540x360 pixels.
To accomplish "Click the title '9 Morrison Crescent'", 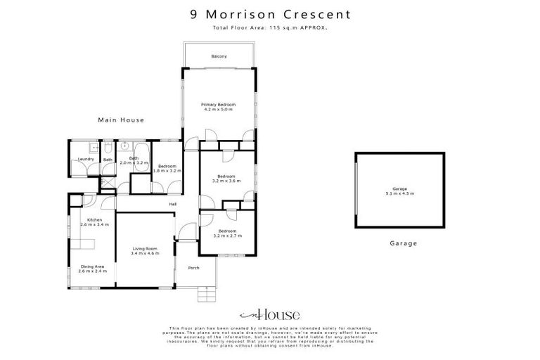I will tap(270, 13).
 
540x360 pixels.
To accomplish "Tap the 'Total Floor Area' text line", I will tap(270, 27).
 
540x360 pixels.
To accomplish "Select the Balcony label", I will tap(219, 56).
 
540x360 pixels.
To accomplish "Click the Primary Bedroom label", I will tap(219, 107).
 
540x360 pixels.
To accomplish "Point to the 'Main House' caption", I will tap(120, 120).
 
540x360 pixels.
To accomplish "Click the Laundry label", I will tap(86, 159).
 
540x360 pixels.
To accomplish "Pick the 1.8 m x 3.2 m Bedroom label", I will tap(167, 168).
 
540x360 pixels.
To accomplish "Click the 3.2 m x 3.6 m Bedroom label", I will tap(226, 178).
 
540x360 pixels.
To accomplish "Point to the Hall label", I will tap(172, 205).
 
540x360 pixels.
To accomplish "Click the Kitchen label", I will tap(94, 222).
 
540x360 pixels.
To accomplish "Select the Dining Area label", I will tap(93, 269).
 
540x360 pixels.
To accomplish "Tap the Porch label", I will tap(193, 268).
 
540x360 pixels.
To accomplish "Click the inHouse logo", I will tap(270, 315).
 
